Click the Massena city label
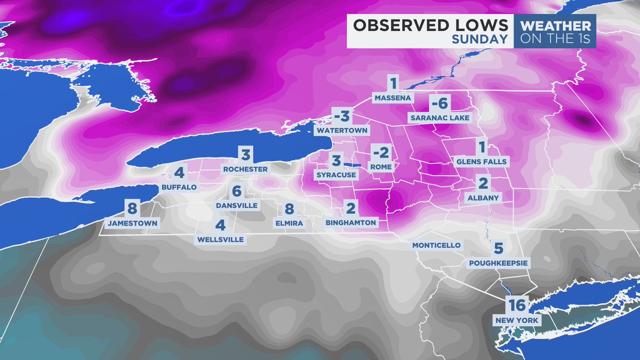tap(393, 99)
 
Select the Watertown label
tap(342, 130)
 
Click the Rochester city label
tap(245, 169)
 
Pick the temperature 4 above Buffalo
tap(179, 173)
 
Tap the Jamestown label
tap(132, 223)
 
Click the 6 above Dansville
tap(237, 191)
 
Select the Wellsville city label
tap(220, 239)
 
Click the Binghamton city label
tap(351, 222)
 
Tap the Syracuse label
tap(336, 174)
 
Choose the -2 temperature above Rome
tap(380, 154)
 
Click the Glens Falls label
tap(481, 161)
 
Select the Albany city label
tap(483, 197)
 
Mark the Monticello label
tap(435, 245)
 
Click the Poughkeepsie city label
tap(498, 263)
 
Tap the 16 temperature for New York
tap(517, 306)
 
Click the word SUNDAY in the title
tap(479, 39)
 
